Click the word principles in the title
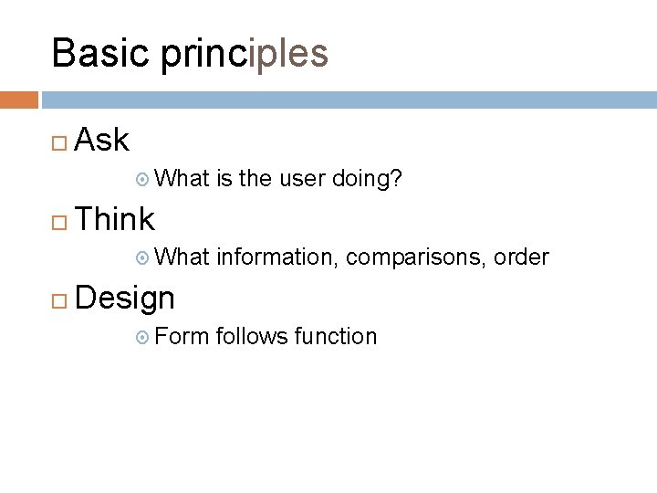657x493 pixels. coord(244,55)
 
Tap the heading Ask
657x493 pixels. coord(101,140)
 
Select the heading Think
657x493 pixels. coord(115,219)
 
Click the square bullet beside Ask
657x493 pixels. coord(58,142)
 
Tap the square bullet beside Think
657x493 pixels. coord(58,220)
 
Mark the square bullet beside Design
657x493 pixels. coord(58,299)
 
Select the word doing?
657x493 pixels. coord(368,180)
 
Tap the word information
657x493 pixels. coord(277,258)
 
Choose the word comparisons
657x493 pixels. coord(417,258)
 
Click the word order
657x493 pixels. coord(521,258)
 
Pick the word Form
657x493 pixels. coord(182,337)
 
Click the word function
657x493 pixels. coord(335,337)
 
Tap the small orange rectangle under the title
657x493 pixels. coord(19,99)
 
